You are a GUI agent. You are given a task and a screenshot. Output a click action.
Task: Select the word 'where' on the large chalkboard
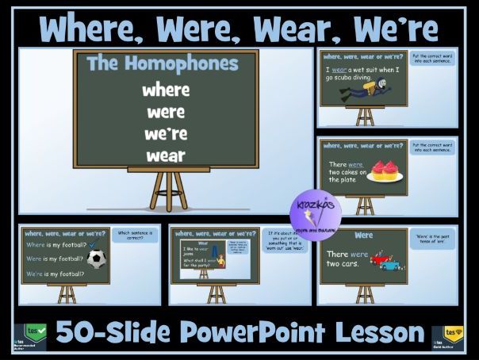pyautogui.click(x=165, y=90)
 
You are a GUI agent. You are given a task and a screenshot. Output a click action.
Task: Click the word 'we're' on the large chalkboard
pyautogui.click(x=165, y=133)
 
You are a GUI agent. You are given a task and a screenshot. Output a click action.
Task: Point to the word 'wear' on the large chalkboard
pyautogui.click(x=165, y=155)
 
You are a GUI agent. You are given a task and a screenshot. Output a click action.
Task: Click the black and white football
pyautogui.click(x=97, y=259)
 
